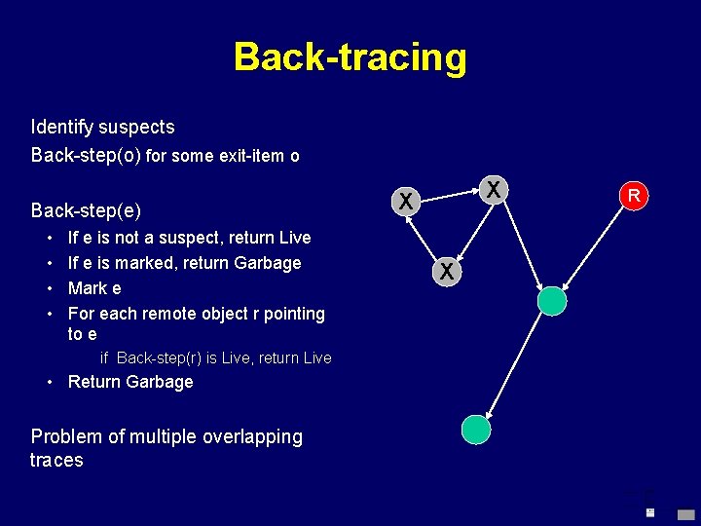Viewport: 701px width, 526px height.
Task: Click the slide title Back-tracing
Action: click(x=350, y=57)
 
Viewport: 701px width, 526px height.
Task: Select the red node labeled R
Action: click(x=633, y=196)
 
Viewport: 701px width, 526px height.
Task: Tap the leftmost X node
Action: click(x=406, y=202)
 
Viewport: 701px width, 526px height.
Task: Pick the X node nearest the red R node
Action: click(x=495, y=189)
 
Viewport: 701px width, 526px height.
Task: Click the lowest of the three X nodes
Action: click(x=446, y=272)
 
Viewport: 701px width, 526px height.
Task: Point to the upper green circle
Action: click(x=552, y=301)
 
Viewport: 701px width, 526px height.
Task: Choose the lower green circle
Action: click(x=476, y=429)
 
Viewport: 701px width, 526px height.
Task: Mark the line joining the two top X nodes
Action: click(x=450, y=196)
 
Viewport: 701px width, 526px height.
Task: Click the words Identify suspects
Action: click(x=102, y=127)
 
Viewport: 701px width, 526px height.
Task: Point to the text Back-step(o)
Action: click(x=86, y=155)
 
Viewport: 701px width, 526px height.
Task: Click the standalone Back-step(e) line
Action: click(x=86, y=210)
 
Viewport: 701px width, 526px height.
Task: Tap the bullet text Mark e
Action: click(x=94, y=288)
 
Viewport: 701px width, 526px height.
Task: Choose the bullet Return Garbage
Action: click(x=130, y=382)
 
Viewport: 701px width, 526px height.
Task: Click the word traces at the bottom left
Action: click(x=56, y=460)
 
